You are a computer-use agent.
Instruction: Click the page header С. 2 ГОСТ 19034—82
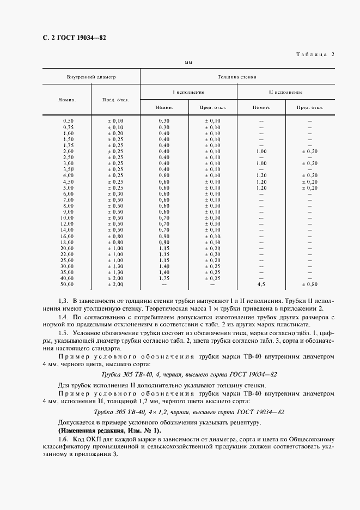pos(70,38)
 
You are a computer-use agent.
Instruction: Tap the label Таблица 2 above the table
pos(315,54)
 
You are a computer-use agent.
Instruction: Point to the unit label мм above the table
pos(189,64)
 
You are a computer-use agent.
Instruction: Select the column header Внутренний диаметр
pos(91,77)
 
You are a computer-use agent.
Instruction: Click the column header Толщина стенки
pos(237,77)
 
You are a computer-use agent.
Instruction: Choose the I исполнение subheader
pos(188,92)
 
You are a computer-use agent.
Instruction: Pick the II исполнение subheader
pos(286,92)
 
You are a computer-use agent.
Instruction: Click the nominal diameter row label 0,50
pos(68,120)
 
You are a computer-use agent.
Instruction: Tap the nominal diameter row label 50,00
pos(67,284)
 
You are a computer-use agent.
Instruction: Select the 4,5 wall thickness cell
pos(261,284)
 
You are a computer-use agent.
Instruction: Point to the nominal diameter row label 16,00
pos(68,236)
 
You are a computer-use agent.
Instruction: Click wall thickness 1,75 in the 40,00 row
pos(164,278)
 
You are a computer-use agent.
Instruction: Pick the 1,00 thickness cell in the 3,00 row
pos(261,163)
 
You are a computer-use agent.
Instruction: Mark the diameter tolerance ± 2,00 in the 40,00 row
pos(115,278)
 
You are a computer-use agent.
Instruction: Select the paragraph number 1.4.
pos(62,317)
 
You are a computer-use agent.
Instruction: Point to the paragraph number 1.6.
pos(62,439)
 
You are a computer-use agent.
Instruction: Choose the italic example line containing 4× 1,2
pos(190,412)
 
